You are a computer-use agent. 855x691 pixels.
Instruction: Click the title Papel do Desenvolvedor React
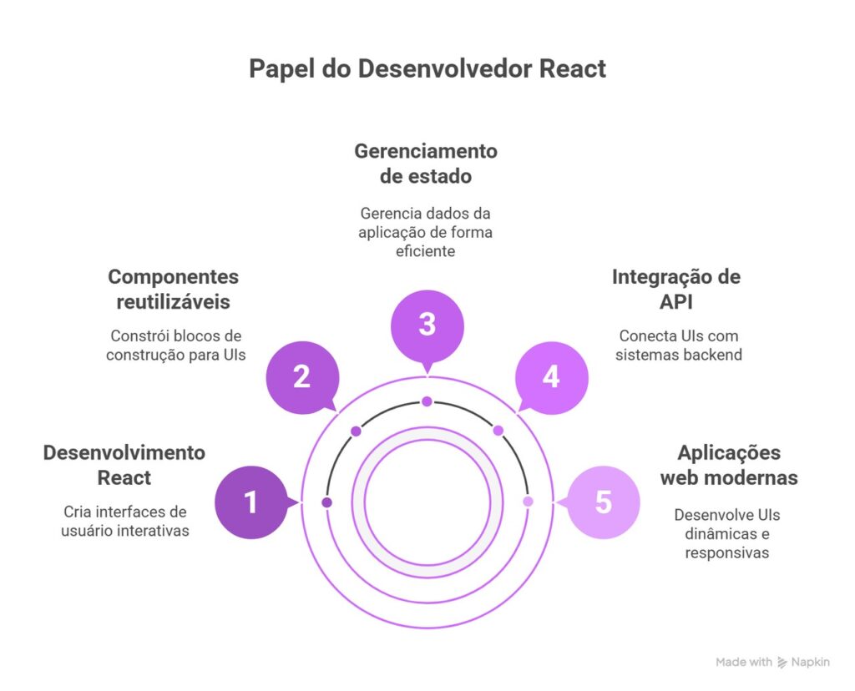click(x=427, y=68)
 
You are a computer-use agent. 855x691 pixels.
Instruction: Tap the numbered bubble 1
click(x=250, y=502)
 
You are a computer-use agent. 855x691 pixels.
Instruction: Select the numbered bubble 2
click(x=301, y=377)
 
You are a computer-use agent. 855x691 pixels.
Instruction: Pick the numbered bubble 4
click(x=551, y=377)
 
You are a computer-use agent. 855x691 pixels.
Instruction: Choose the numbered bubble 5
click(x=603, y=502)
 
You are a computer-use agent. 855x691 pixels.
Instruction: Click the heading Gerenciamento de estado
click(x=426, y=164)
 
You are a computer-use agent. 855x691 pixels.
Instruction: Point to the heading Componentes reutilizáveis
click(x=173, y=289)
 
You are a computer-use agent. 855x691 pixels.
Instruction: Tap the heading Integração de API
click(x=675, y=289)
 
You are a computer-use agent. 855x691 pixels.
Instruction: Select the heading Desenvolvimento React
click(x=124, y=465)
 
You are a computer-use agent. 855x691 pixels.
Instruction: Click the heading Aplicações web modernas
click(x=729, y=465)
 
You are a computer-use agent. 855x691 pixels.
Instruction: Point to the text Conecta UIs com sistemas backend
click(x=679, y=345)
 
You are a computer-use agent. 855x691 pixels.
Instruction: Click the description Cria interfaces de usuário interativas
click(x=125, y=521)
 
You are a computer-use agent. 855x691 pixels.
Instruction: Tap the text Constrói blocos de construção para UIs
click(x=175, y=345)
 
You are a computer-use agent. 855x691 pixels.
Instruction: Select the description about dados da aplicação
click(x=426, y=232)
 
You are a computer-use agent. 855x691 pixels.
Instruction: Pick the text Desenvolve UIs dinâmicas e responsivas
click(x=727, y=533)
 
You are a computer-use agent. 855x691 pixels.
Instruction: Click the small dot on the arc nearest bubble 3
click(x=427, y=401)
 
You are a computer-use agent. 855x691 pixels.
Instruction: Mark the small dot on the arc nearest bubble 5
click(x=528, y=502)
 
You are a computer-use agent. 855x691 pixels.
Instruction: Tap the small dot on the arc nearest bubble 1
click(x=326, y=502)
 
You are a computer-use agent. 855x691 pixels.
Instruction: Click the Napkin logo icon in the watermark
click(x=782, y=662)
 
